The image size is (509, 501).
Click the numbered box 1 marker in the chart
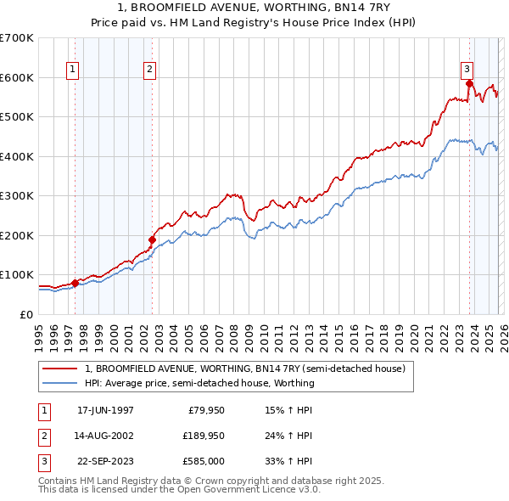72,70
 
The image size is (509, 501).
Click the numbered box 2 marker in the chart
149,70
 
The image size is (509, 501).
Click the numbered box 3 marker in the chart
467,70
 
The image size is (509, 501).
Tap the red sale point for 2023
469,83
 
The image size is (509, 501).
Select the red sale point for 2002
153,239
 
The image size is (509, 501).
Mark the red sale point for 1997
75,283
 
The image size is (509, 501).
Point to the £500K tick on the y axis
17,116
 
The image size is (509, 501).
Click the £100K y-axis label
17,274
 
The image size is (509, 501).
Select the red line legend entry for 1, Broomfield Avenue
245,369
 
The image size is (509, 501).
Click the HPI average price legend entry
199,383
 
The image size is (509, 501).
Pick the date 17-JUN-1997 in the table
105,410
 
